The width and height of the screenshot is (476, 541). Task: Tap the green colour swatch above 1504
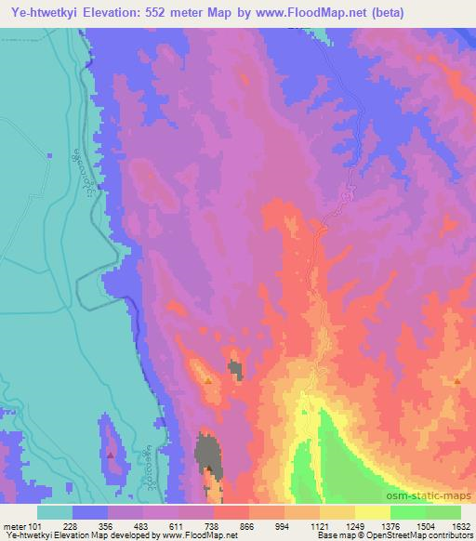pos(408,512)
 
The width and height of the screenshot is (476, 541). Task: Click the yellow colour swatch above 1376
pos(373,512)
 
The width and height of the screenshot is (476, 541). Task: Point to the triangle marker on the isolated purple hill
pos(111,455)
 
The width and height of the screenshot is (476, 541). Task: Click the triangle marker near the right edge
pos(457,380)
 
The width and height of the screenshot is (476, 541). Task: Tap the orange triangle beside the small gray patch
pos(207,379)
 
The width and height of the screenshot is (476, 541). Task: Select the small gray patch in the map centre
pos(234,371)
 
